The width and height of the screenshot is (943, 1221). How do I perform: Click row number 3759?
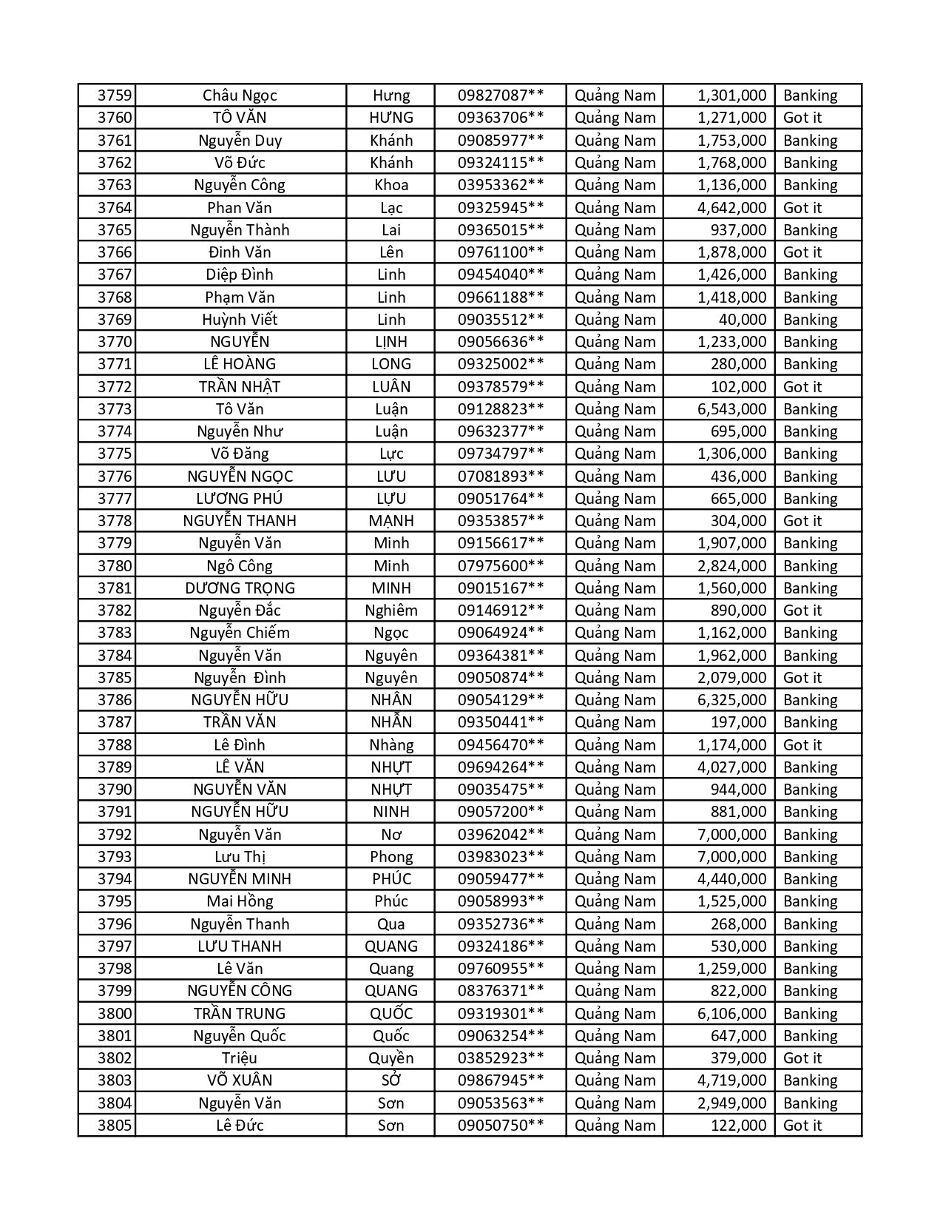point(115,95)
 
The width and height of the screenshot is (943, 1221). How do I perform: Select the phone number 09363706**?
point(500,118)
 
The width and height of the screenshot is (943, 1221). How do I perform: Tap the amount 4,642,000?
point(731,208)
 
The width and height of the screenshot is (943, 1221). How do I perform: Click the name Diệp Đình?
point(240,275)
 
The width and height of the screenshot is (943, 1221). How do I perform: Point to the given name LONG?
point(391,364)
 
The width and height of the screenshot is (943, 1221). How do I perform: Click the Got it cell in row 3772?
point(802,387)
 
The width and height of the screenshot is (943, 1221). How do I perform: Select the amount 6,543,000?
point(731,409)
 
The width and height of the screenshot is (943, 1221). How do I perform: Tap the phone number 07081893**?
point(500,477)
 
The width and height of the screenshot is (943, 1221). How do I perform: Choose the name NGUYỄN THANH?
point(240,521)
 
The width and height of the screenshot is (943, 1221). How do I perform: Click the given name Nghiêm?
point(391,610)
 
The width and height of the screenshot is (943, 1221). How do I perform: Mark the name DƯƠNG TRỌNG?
point(240,588)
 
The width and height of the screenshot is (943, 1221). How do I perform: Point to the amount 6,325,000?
point(731,700)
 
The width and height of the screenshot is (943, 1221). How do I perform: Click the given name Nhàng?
point(391,745)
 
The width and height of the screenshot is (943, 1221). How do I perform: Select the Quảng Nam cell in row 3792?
point(615,835)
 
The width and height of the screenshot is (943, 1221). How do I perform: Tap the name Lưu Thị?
point(240,857)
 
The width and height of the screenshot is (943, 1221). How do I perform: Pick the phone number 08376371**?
point(500,991)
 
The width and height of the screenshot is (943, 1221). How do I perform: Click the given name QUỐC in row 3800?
point(391,1014)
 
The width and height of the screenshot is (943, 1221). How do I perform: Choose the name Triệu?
point(240,1058)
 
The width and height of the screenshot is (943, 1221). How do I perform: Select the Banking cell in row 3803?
point(810,1080)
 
